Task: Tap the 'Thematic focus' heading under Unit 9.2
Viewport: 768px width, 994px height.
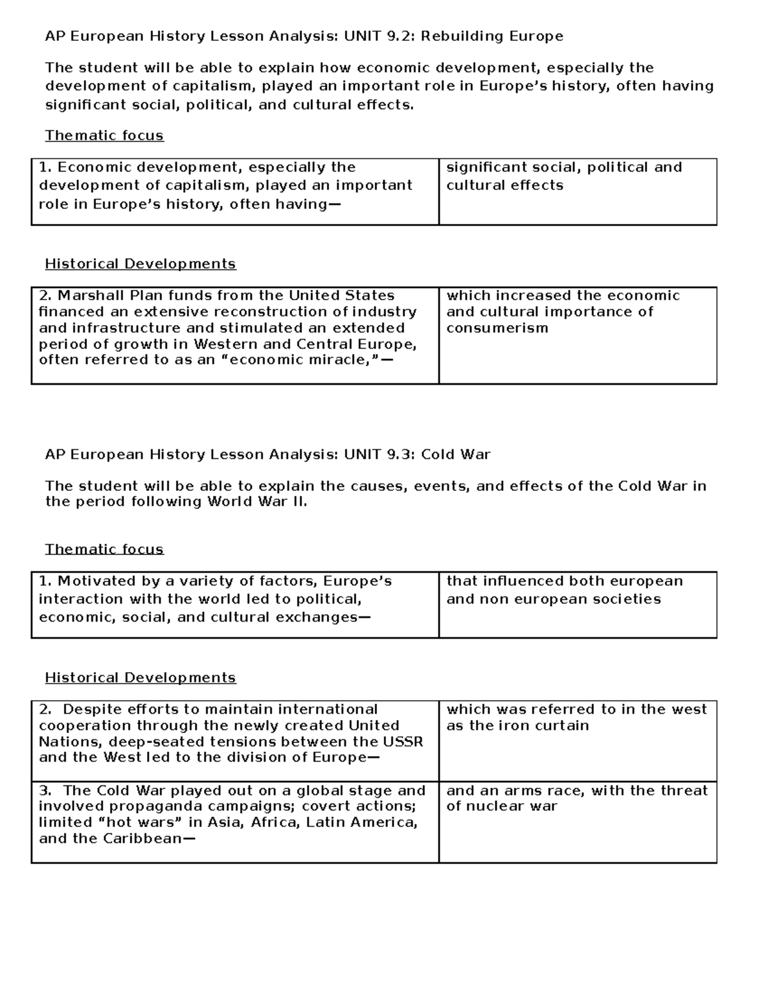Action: [x=104, y=136]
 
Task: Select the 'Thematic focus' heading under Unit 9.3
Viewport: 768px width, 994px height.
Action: [x=104, y=549]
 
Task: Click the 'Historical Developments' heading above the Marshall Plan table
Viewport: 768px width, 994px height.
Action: [x=140, y=264]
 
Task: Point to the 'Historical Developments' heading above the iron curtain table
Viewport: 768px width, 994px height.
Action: [x=140, y=677]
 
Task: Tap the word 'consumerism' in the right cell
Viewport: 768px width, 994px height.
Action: [x=497, y=328]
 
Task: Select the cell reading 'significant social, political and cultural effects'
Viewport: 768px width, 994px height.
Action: [x=577, y=191]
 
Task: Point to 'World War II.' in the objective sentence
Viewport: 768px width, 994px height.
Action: [x=257, y=502]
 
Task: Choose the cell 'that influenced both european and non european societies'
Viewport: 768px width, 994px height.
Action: [x=577, y=604]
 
